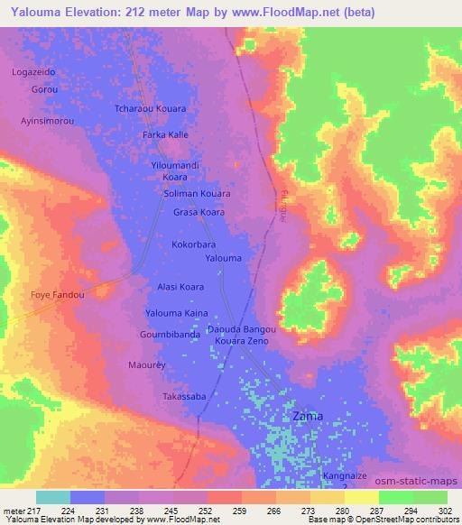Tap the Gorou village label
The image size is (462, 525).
click(44, 90)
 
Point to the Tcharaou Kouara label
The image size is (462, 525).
click(151, 108)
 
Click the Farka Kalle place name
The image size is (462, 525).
click(165, 134)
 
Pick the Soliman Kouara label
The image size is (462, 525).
click(197, 193)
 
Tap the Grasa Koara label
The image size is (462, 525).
click(199, 213)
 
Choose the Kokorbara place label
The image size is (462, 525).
click(193, 244)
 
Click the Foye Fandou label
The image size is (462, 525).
click(57, 295)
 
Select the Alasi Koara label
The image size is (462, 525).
click(180, 287)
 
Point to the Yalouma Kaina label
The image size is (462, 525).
click(177, 313)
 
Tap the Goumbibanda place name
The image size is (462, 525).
click(170, 334)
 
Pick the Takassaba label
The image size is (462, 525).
click(184, 396)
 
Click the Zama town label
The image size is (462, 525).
click(308, 417)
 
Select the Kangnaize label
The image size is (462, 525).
click(346, 474)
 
